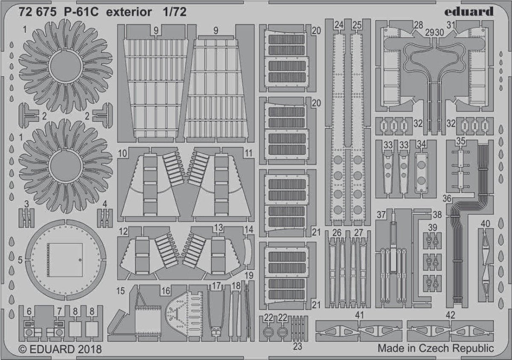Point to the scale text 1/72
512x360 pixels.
[174, 12]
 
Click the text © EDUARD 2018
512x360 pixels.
[60, 349]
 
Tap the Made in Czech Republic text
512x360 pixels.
[435, 348]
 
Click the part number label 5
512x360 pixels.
[20, 259]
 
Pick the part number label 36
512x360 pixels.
[447, 198]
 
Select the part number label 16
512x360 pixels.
[166, 291]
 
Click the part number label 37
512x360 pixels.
[381, 214]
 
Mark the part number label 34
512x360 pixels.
[421, 144]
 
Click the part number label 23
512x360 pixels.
[297, 346]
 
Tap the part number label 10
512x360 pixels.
[123, 153]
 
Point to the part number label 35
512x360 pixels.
[460, 140]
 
